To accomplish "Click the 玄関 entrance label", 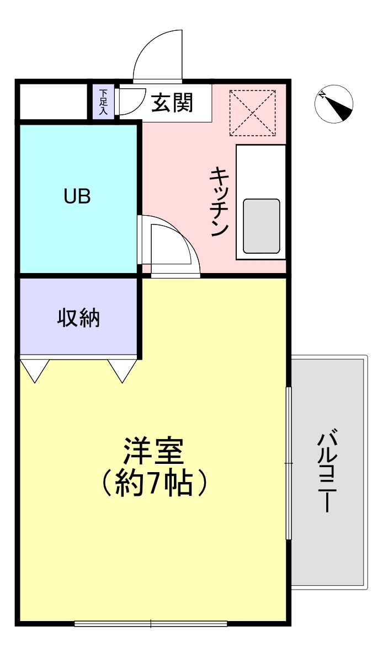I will [x=173, y=103].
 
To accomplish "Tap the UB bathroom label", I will [x=77, y=196].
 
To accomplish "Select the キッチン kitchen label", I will [x=219, y=201].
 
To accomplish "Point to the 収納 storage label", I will [x=78, y=318].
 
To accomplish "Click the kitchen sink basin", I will [x=261, y=226].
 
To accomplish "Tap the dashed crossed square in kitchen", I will [x=252, y=113].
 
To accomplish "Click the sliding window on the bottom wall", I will [x=151, y=624].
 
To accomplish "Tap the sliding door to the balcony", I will [x=288, y=463].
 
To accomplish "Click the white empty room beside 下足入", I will [x=54, y=101].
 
